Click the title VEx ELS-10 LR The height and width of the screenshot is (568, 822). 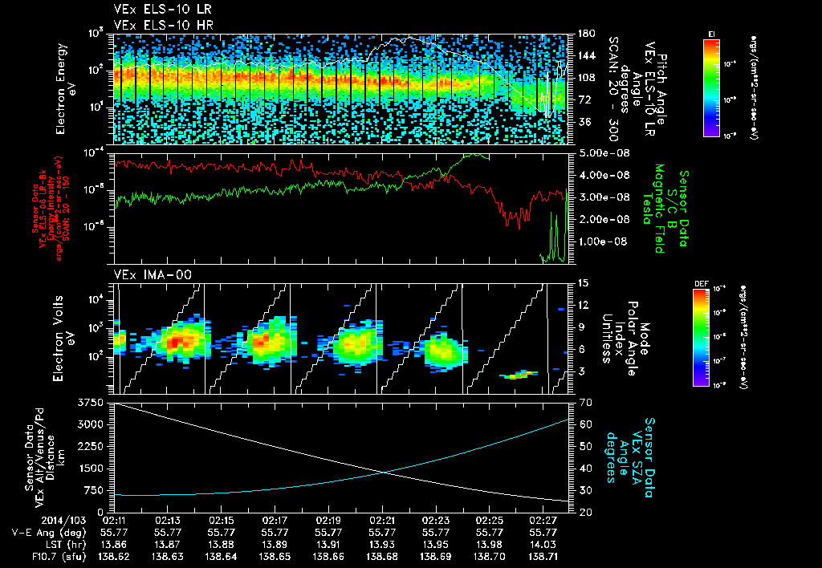[x=156, y=10]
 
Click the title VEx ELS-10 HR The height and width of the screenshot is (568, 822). [x=156, y=25]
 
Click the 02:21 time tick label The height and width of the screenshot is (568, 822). [x=382, y=520]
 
